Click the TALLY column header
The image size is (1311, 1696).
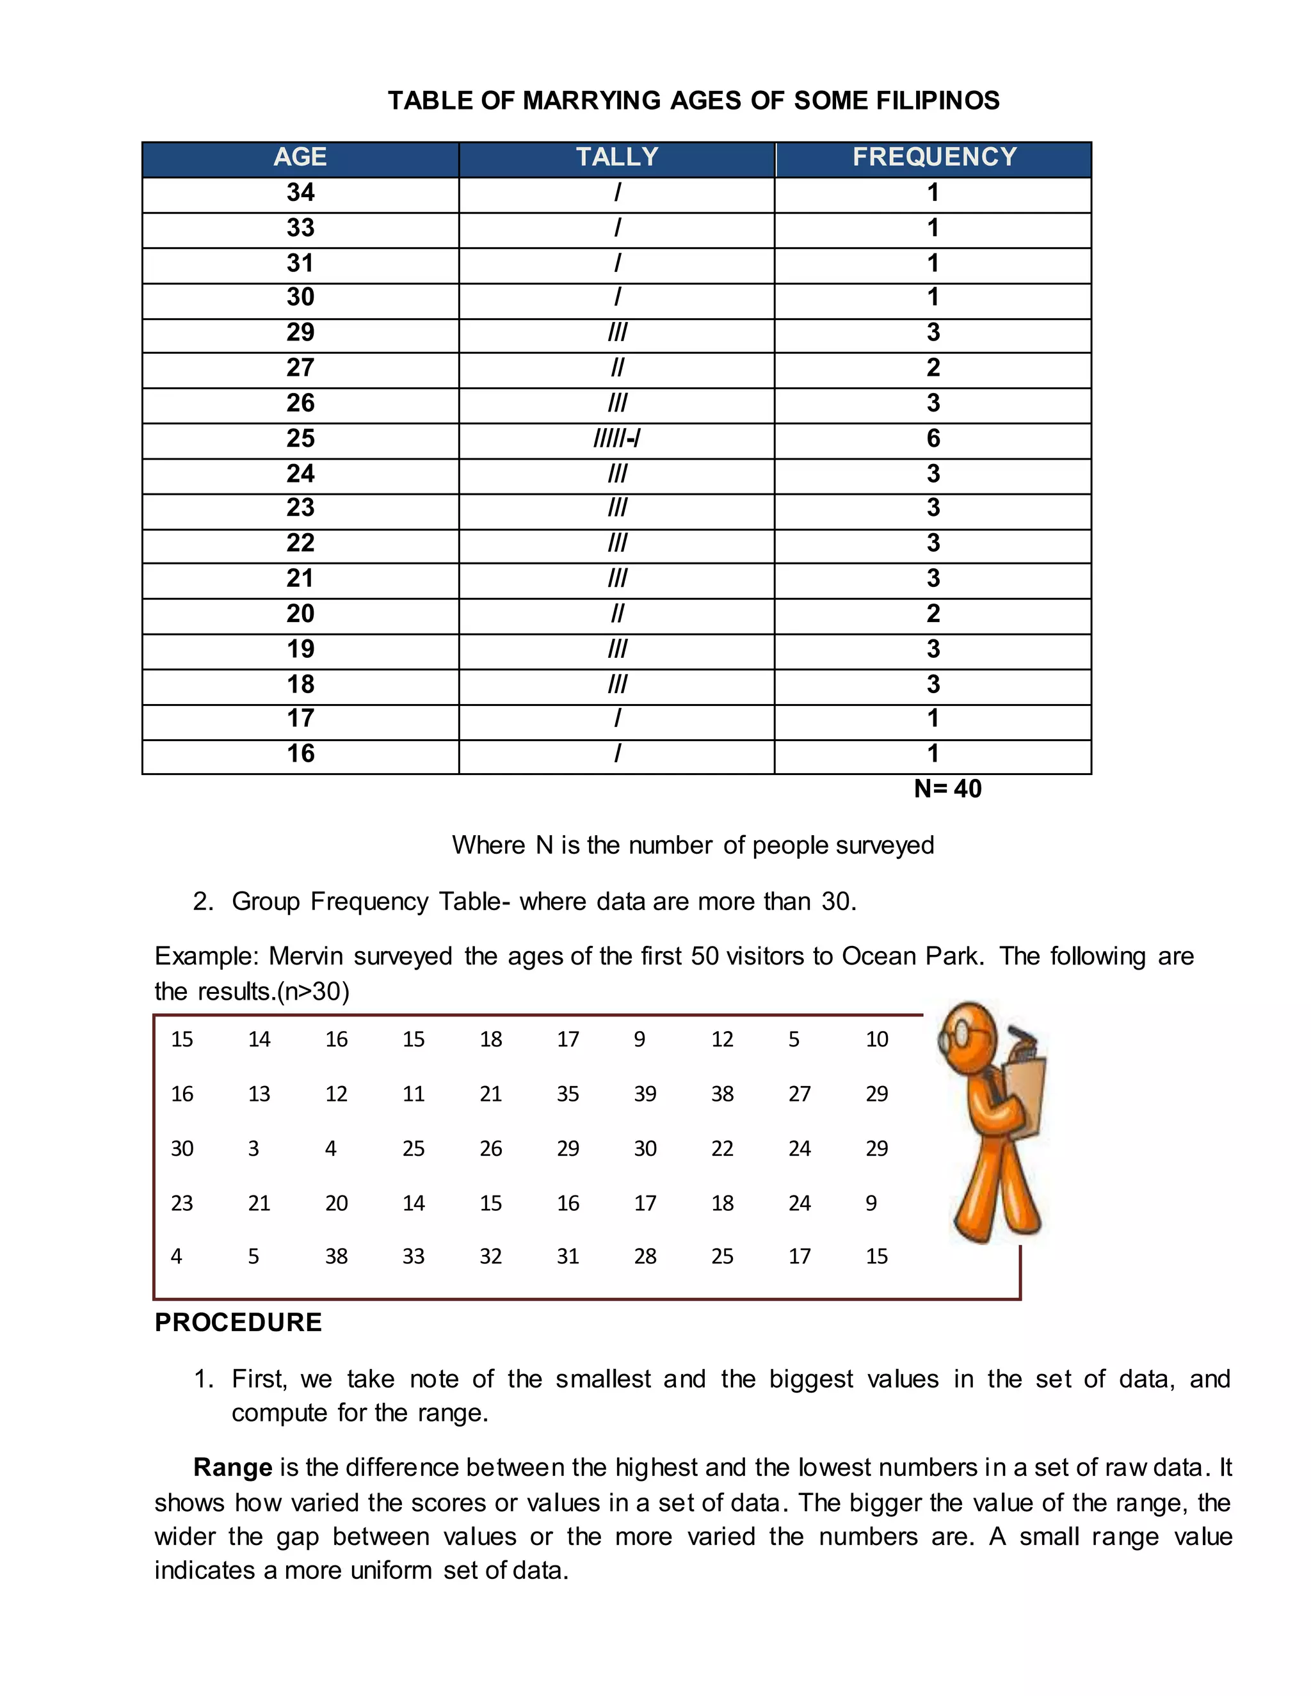[616, 157]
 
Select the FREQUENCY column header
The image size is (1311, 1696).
[933, 157]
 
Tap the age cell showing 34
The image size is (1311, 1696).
[301, 193]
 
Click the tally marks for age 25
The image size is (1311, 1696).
[616, 439]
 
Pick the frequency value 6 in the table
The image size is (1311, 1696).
[933, 439]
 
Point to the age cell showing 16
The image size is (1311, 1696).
[301, 753]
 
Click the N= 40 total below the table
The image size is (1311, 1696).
[947, 789]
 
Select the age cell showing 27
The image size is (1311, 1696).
[301, 368]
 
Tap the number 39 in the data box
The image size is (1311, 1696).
[645, 1094]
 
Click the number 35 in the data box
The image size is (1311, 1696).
[568, 1094]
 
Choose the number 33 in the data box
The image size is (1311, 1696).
[413, 1256]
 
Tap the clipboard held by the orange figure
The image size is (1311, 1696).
[1024, 1095]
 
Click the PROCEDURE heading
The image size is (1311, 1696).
[237, 1322]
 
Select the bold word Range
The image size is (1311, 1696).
[232, 1468]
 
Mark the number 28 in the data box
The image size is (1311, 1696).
[645, 1256]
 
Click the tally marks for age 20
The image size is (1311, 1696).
[616, 614]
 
